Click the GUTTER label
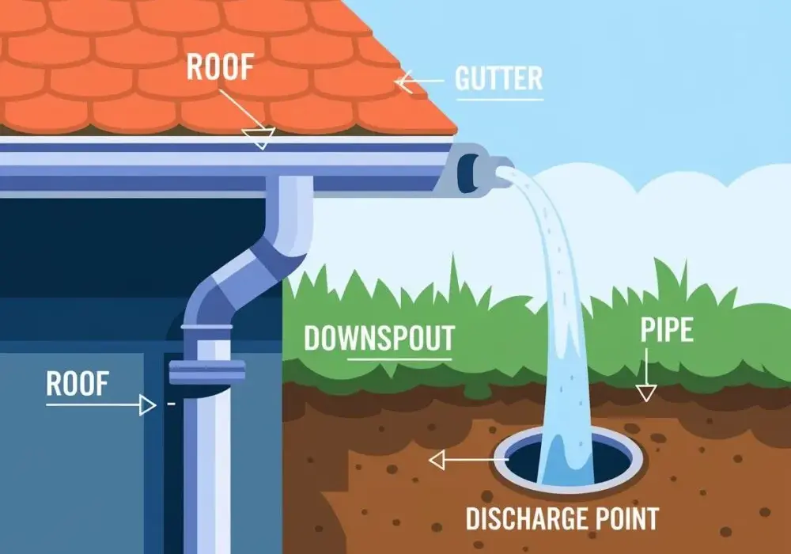point(498,78)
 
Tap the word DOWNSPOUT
point(380,338)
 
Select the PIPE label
point(666,330)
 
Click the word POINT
point(627,518)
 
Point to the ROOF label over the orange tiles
point(219,66)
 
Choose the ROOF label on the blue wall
point(78,384)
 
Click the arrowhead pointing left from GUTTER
point(405,82)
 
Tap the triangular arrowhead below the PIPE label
point(646,393)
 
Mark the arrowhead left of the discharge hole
point(437,460)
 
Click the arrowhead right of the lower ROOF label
point(147,404)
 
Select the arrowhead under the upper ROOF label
point(259,137)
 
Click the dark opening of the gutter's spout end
point(467,172)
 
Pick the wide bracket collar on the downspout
point(206,372)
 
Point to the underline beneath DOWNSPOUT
point(399,360)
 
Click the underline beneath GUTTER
point(499,98)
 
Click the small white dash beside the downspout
point(172,404)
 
